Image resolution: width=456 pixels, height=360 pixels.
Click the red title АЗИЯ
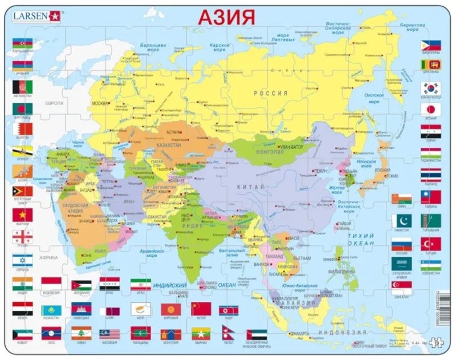coord(226,17)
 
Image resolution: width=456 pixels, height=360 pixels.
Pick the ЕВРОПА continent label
coord(55,103)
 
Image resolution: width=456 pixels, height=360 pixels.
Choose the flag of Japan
coord(431,109)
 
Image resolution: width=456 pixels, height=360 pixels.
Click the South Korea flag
coord(431,88)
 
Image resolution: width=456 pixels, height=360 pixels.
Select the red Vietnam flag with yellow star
coord(22,215)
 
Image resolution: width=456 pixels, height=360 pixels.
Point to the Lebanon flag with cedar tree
coord(80,333)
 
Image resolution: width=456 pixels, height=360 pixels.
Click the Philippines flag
coord(431,45)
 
